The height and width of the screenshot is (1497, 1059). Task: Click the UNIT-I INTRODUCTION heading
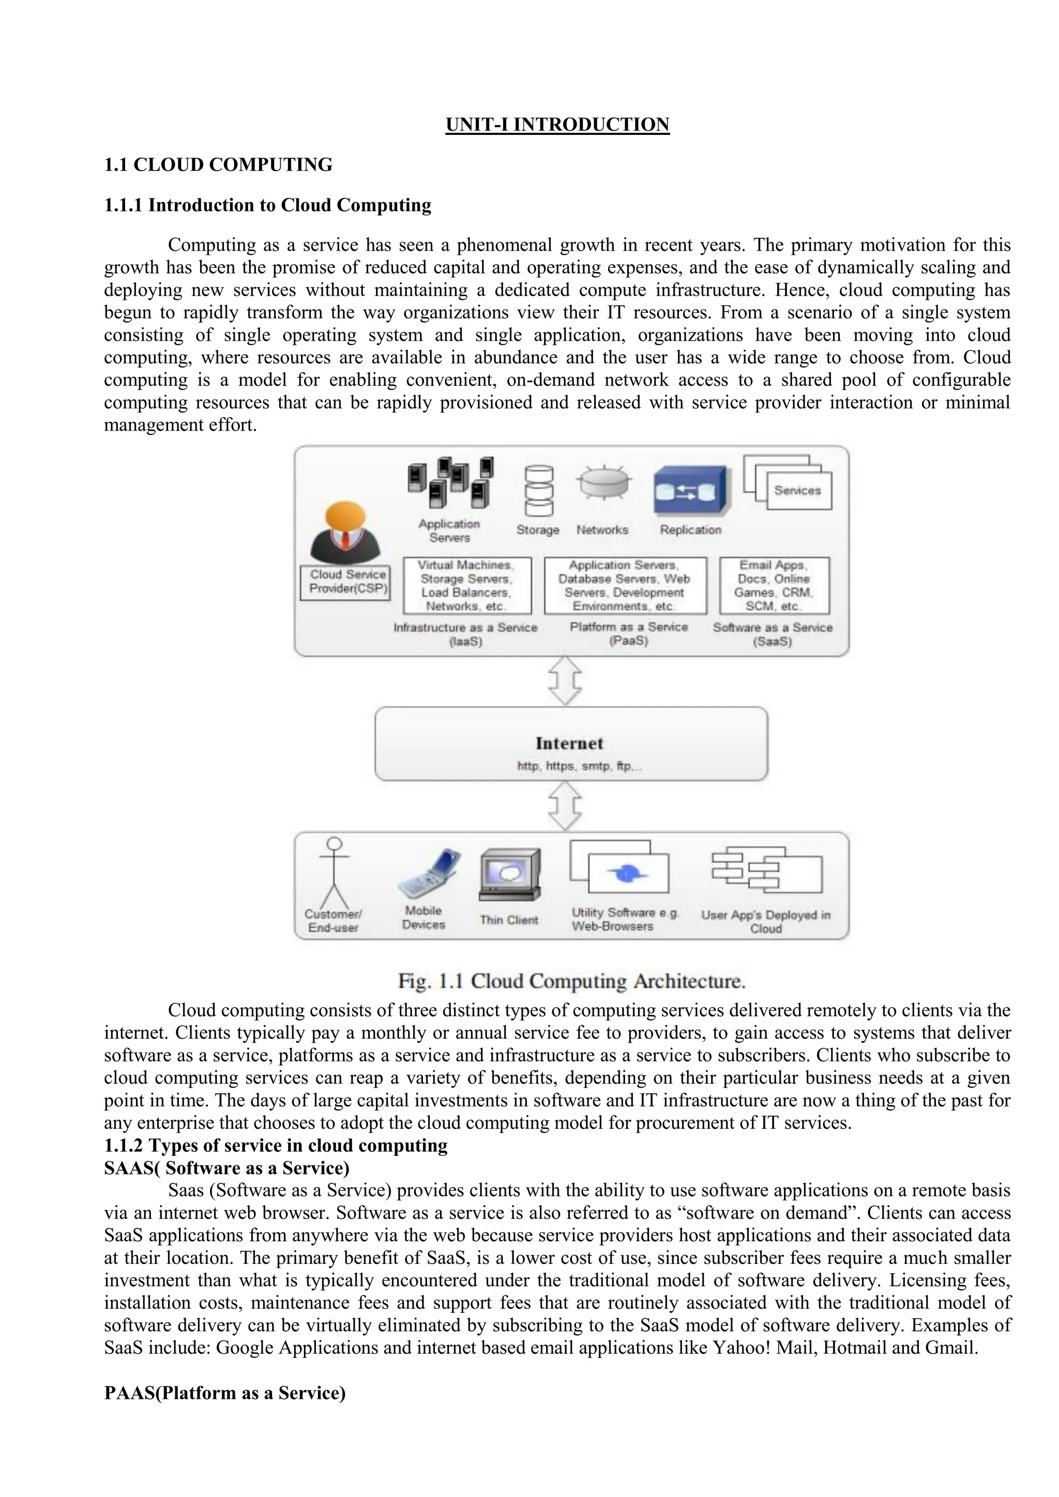click(557, 125)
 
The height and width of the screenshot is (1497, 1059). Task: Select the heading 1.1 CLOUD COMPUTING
click(218, 165)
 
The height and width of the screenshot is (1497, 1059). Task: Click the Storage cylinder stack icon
click(539, 491)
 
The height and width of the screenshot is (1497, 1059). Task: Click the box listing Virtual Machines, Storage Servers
click(467, 586)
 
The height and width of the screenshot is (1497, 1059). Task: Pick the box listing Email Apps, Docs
click(774, 586)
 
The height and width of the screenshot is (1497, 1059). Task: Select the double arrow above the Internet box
click(565, 681)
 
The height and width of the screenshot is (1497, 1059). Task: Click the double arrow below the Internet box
click(565, 806)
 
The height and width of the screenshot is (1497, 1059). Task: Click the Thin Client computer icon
click(509, 875)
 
